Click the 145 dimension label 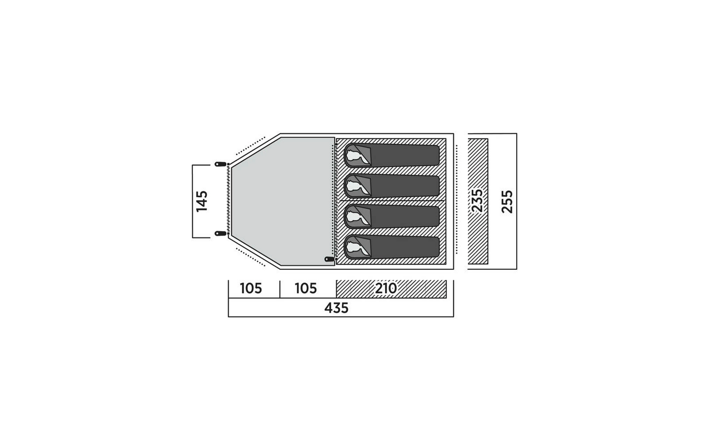tap(202, 201)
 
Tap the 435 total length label tap(336, 308)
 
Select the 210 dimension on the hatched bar tap(386, 288)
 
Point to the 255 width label tap(507, 202)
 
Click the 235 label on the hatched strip tap(477, 201)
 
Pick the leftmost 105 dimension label tap(251, 288)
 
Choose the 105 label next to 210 tap(306, 288)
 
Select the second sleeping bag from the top tap(392, 186)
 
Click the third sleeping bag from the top tap(392, 217)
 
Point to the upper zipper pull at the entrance tap(221, 164)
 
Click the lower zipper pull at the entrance tap(221, 234)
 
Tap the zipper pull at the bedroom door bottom tap(330, 259)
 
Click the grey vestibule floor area tap(282, 201)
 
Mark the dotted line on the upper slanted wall tap(250, 146)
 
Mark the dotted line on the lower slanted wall tap(250, 257)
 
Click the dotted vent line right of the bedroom tap(456, 199)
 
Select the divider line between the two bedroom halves tap(391, 201)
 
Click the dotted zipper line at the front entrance tap(229, 199)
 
